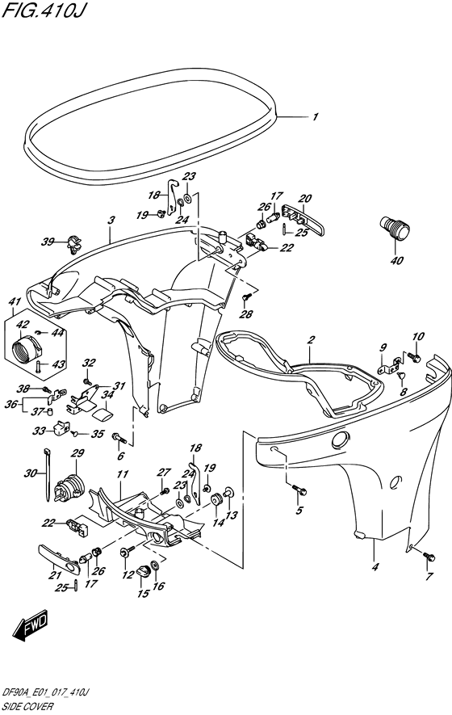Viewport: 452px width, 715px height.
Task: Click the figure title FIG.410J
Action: tap(44, 10)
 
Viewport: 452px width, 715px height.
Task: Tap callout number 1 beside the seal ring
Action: tap(315, 117)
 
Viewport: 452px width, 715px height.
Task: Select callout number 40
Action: tap(397, 261)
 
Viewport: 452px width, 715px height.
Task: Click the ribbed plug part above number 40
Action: tap(395, 229)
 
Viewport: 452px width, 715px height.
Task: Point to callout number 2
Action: tap(312, 339)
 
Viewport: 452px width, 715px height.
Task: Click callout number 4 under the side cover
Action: tap(375, 567)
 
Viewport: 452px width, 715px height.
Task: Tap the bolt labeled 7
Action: tap(429, 557)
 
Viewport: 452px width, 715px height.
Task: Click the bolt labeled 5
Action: tap(299, 490)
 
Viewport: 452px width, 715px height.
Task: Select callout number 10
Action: tap(418, 337)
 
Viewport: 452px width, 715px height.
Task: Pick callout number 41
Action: tap(15, 301)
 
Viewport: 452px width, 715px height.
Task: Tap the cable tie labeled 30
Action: tap(48, 474)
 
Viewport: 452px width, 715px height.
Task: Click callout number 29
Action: tap(77, 453)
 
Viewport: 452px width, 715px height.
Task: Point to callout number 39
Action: tap(48, 242)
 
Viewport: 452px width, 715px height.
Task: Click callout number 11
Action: tap(122, 475)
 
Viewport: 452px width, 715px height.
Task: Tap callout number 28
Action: tap(246, 313)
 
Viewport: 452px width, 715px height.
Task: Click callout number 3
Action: tap(111, 221)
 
